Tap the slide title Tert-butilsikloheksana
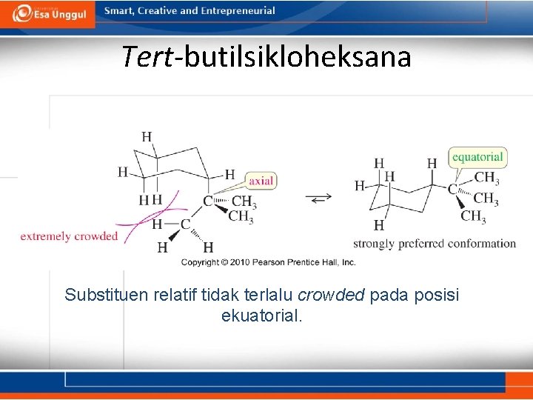[x=266, y=56]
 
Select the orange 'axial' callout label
[x=261, y=180]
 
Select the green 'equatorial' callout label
[x=477, y=156]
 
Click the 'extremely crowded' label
[x=69, y=236]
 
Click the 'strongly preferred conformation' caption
[x=435, y=244]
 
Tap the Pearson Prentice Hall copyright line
[x=269, y=262]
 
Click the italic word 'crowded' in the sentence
[x=331, y=296]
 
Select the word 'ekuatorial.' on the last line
[x=262, y=316]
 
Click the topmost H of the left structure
[x=147, y=136]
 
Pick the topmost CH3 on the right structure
[x=486, y=178]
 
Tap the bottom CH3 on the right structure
[x=473, y=216]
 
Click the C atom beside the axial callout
[x=208, y=201]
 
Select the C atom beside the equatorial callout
[x=452, y=190]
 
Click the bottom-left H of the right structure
[x=379, y=225]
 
